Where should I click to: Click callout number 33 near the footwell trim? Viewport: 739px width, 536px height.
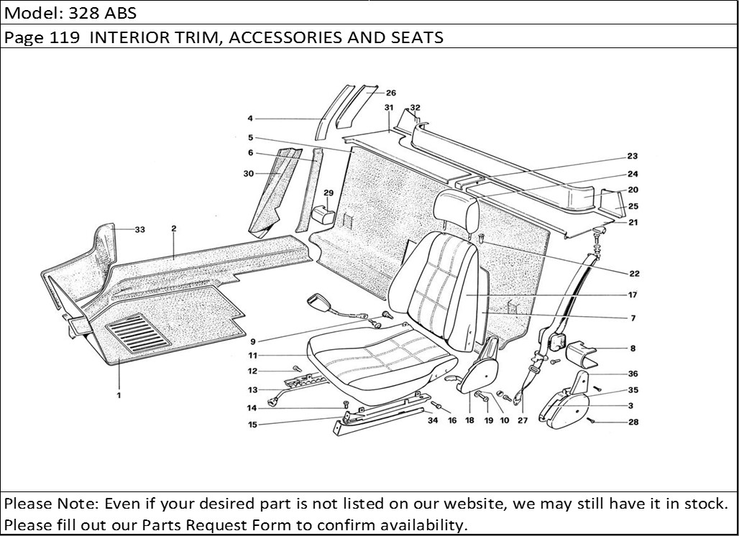tap(139, 230)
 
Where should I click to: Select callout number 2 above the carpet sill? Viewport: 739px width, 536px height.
tap(174, 228)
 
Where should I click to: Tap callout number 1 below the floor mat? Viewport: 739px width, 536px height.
tap(119, 394)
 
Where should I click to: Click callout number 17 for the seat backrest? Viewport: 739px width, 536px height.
tap(633, 295)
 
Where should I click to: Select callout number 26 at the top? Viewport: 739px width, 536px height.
tap(390, 93)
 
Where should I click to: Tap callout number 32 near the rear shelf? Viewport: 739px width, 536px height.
tap(415, 108)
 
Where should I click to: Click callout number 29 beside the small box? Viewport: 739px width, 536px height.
tap(329, 193)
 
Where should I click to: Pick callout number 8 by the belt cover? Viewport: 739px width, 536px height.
tap(633, 348)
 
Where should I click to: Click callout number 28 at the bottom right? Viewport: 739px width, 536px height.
tap(633, 422)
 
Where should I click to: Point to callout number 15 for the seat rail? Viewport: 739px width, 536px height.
tap(252, 425)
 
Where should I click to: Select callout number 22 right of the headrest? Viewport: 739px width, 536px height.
tap(633, 273)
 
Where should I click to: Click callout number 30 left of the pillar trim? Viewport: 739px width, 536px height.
tap(249, 174)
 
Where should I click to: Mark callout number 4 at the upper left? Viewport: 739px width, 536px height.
tap(250, 119)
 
